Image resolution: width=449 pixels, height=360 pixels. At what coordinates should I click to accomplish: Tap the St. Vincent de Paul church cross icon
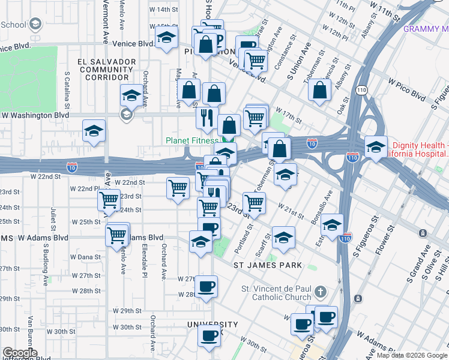point(321,292)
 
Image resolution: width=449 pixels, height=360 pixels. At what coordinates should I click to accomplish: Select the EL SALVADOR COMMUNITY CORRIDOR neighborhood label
point(105,70)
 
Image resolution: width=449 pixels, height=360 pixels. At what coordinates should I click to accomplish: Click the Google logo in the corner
point(19,353)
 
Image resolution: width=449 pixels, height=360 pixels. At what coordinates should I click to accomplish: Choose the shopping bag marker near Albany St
point(321,90)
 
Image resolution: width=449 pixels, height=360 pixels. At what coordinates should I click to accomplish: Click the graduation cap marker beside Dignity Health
point(376,146)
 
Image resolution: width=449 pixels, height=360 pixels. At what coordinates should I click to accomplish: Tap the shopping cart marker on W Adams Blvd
point(118,234)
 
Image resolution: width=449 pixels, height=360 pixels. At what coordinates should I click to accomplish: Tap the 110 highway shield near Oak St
point(360,90)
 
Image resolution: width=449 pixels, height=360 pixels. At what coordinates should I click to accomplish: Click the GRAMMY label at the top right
point(426,29)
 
